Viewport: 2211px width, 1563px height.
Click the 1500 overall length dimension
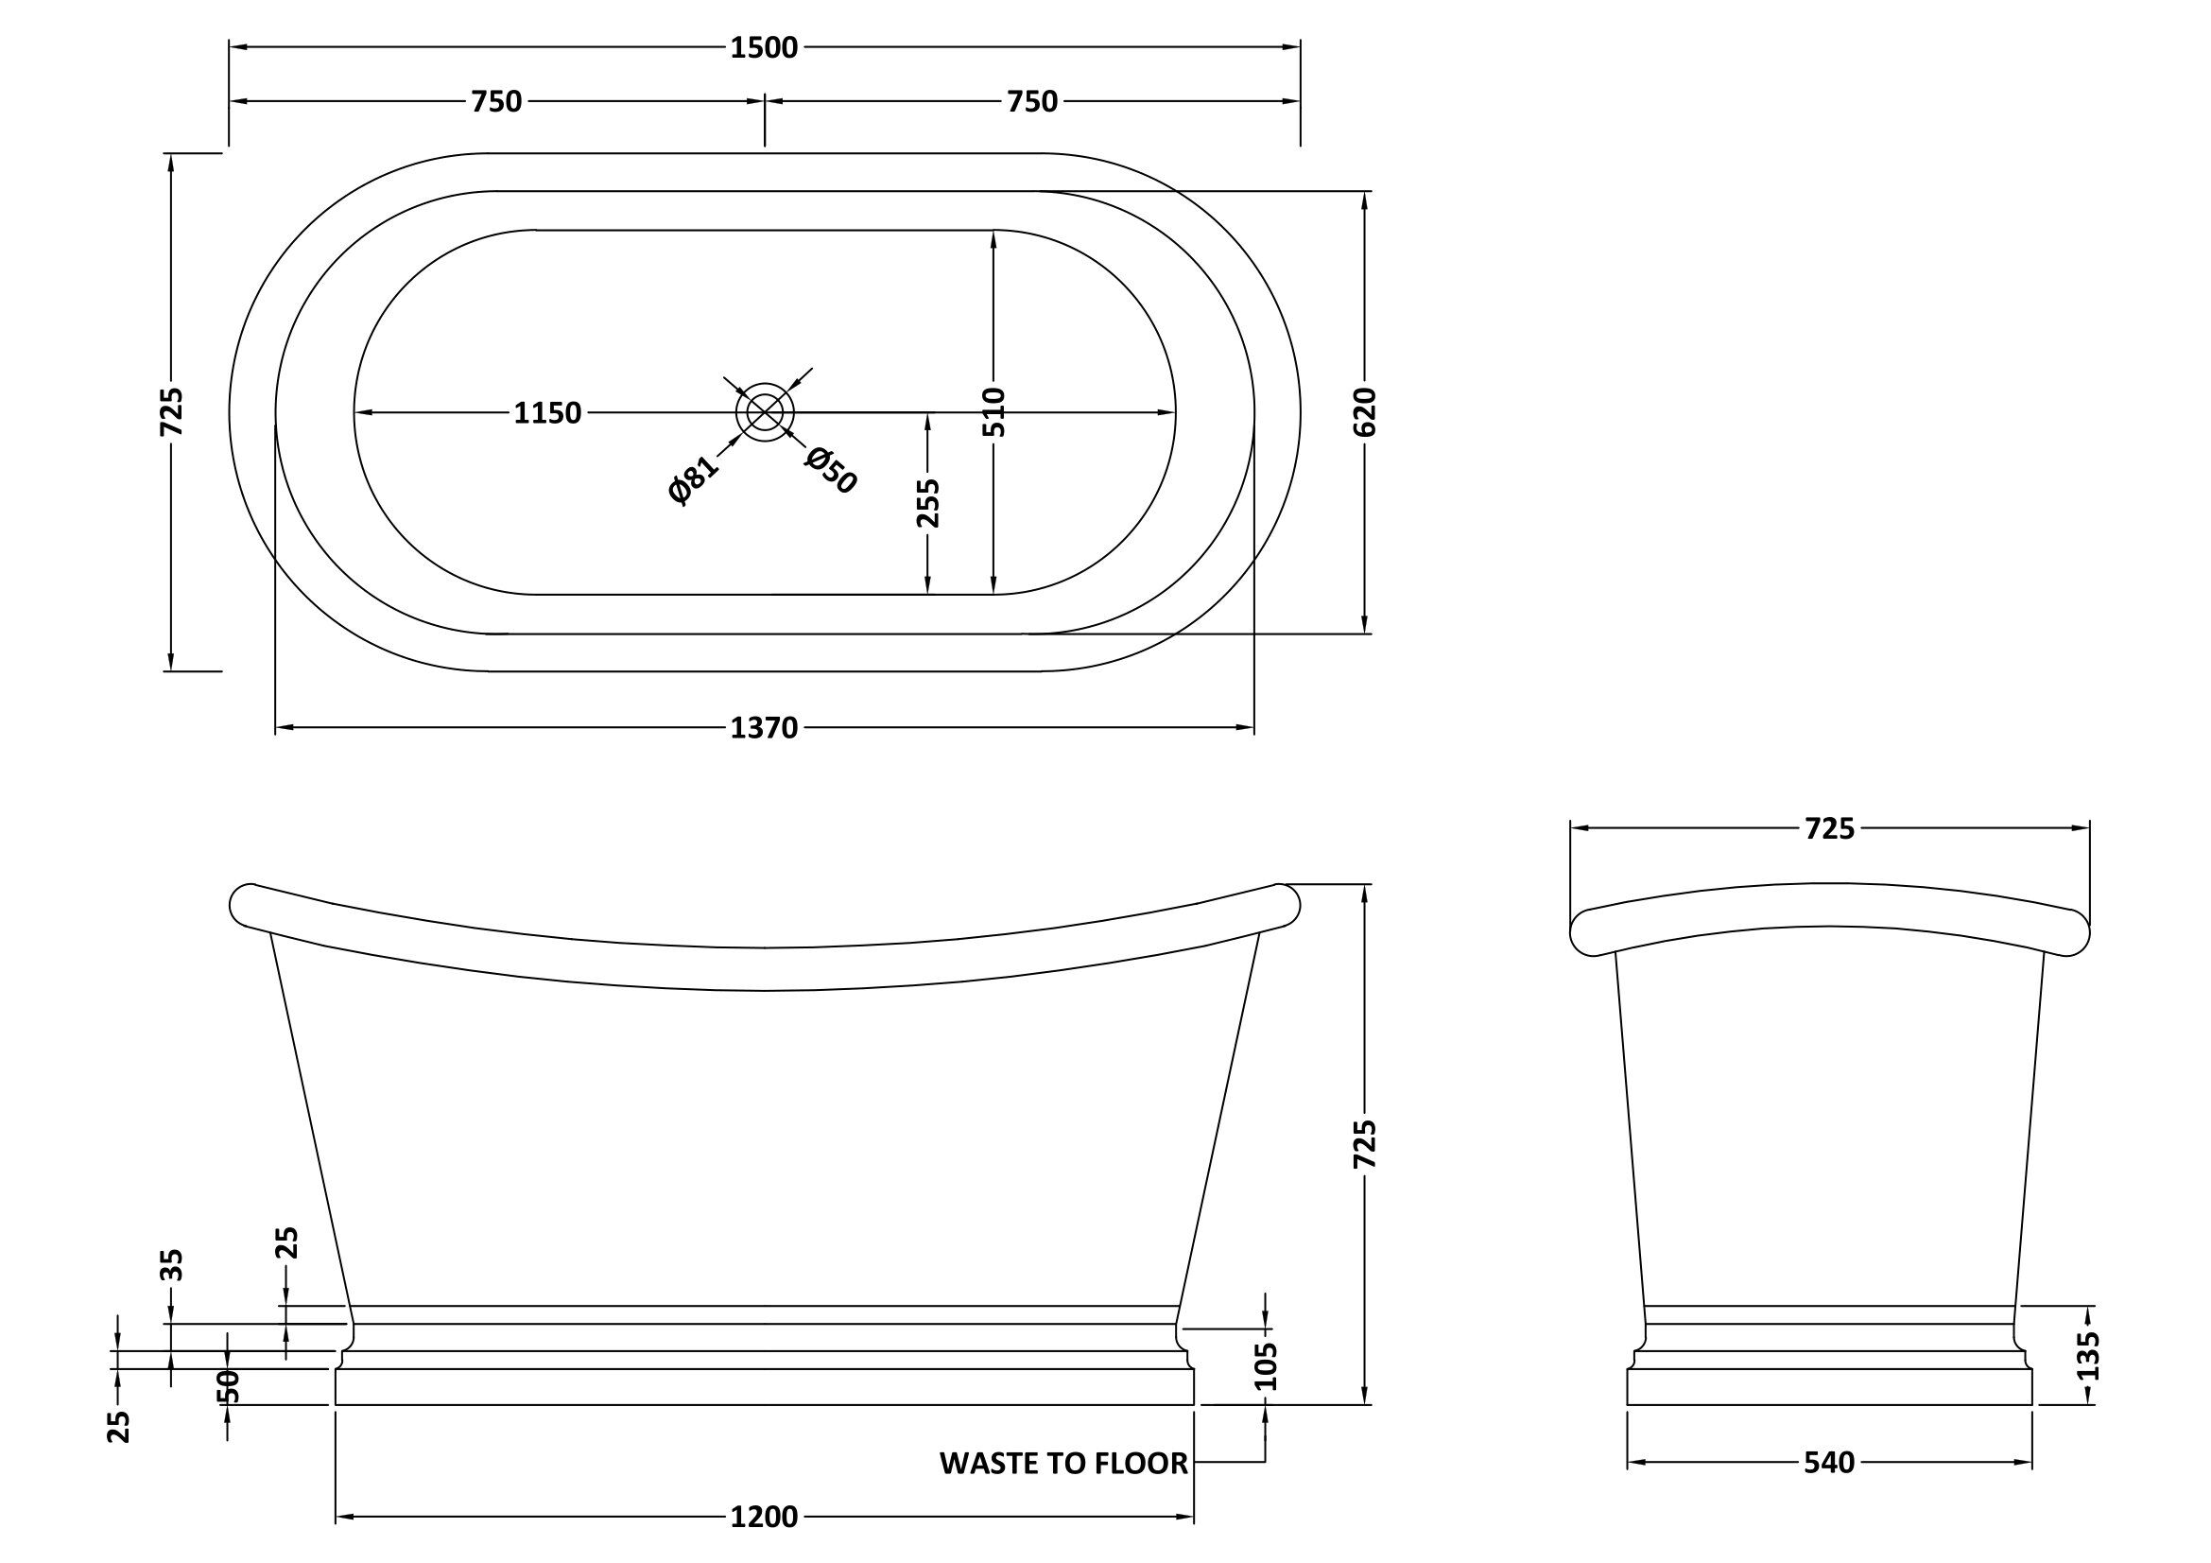(764, 47)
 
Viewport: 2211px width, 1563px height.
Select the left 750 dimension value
(496, 101)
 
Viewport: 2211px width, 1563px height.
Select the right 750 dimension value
(1032, 101)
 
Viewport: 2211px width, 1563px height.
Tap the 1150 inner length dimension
(547, 413)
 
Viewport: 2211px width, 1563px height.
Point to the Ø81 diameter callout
(693, 479)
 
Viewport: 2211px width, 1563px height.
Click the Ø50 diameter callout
(831, 471)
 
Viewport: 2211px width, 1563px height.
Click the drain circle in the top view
(765, 413)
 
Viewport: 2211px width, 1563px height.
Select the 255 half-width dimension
(927, 503)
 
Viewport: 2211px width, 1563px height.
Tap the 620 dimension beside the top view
(1366, 412)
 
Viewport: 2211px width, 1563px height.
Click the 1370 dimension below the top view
(764, 728)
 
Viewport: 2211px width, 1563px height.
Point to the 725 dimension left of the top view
(171, 412)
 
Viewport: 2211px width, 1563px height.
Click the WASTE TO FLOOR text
(1063, 1464)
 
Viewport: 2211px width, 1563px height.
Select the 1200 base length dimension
(764, 1518)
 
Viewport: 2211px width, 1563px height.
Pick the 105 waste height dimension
(1266, 1365)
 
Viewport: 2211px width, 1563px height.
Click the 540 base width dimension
(1829, 1463)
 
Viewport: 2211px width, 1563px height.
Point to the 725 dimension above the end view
(1829, 828)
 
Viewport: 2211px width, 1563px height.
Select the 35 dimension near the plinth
(171, 1264)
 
